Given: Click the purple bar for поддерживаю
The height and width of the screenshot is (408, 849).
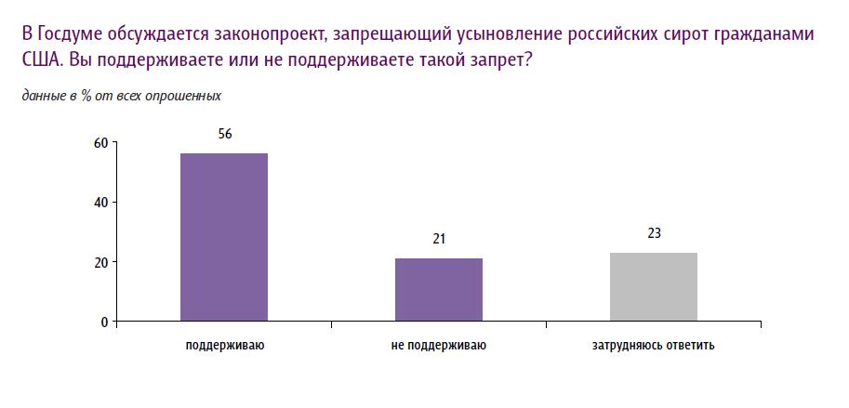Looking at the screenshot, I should point(224,237).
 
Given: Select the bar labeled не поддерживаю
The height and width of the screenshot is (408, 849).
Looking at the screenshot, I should point(439,289).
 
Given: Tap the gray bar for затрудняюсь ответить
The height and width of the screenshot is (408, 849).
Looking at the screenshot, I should point(653,286).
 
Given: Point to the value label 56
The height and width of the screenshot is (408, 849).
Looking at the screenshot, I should point(224,134).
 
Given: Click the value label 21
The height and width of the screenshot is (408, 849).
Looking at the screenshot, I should point(439,239).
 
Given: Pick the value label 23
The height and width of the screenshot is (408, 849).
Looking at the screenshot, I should point(654,233).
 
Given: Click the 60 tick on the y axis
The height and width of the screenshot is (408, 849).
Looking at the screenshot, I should point(100,142).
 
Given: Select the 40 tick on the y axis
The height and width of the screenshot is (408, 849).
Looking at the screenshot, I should point(100,202).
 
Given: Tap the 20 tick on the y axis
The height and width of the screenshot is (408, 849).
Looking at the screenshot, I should point(100,262).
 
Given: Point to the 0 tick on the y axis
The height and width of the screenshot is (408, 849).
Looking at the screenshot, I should point(104,322).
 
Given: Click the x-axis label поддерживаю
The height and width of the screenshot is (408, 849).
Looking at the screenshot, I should point(224,347).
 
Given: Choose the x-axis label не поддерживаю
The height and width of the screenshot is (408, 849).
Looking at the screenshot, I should point(439,347).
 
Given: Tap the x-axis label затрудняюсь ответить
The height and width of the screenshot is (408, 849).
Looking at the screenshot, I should point(653,347).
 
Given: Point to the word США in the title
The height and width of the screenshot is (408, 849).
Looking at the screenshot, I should point(38,59).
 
